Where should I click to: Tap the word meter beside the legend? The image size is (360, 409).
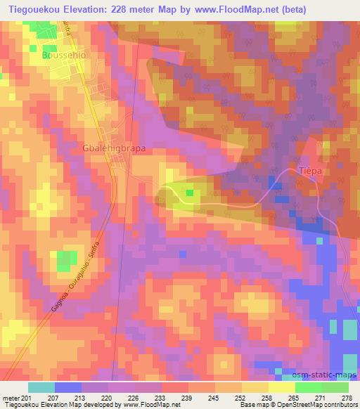[x=10, y=398]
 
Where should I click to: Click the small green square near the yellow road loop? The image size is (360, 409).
[x=190, y=193]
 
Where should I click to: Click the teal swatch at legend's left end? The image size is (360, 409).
[x=41, y=387]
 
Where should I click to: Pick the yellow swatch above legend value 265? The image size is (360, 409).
[x=281, y=387]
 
